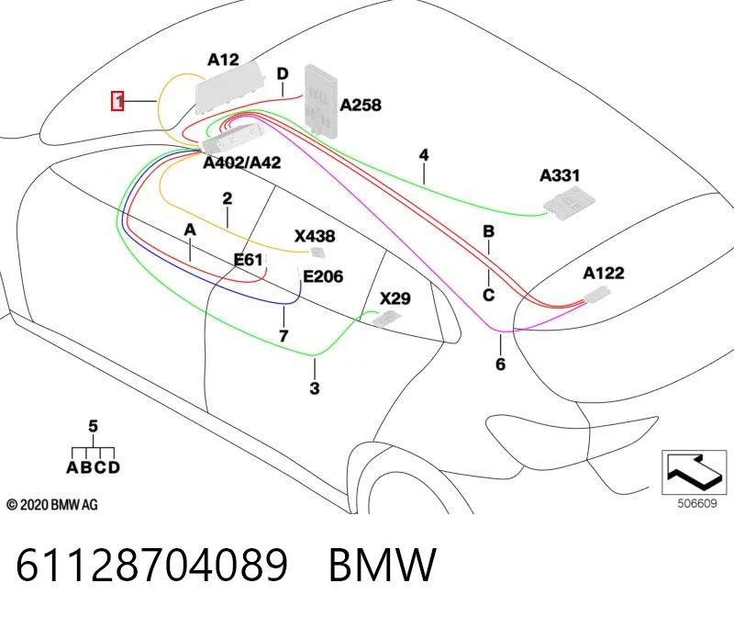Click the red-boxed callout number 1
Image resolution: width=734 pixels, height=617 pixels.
[x=117, y=101]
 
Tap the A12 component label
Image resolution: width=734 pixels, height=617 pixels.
[x=223, y=60]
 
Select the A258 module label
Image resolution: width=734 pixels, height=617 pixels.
[x=360, y=105]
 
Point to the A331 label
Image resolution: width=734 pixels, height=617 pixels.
[x=560, y=175]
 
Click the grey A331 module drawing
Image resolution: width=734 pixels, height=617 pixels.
[x=569, y=203]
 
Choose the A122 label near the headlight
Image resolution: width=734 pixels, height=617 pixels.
[x=604, y=273]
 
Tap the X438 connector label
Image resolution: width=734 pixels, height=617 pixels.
[x=315, y=236]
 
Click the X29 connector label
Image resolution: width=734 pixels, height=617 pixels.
[x=395, y=298]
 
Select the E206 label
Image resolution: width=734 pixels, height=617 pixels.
[x=323, y=276]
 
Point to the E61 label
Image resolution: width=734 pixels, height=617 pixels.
[x=248, y=260]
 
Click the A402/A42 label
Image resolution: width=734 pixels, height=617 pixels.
[x=242, y=163]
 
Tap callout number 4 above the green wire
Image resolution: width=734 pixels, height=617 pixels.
[x=424, y=155]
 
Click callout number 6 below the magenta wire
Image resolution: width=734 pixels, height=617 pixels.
[x=500, y=364]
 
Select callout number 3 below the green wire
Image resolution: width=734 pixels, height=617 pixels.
[x=315, y=387]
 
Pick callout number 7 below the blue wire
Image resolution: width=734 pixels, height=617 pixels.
[x=284, y=336]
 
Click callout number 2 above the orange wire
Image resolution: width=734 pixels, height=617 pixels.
[x=227, y=198]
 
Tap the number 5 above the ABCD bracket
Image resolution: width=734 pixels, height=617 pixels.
[x=94, y=426]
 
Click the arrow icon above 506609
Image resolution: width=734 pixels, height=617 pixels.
[x=694, y=472]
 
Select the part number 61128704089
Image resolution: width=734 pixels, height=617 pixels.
[x=151, y=566]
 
